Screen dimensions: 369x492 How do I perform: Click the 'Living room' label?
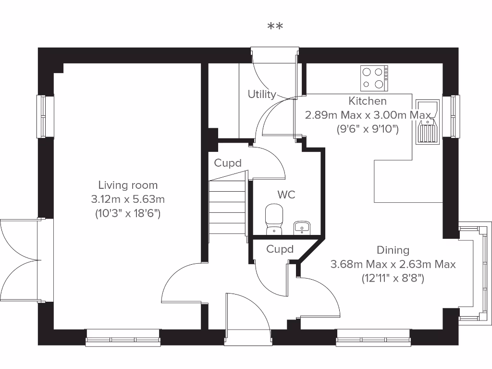click(128, 185)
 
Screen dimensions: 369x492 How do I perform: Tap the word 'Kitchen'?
click(368, 101)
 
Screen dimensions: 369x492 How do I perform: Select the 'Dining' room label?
click(393, 250)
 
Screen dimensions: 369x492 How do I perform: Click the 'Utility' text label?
click(262, 94)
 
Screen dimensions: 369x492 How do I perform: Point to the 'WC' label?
click(286, 195)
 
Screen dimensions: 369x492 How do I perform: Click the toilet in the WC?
click(274, 219)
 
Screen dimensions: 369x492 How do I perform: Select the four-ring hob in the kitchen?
click(375, 78)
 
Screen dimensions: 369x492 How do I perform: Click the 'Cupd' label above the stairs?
click(228, 163)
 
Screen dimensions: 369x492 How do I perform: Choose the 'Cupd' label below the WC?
click(280, 249)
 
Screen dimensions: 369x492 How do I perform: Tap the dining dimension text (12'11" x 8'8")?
click(393, 278)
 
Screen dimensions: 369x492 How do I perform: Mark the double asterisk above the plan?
click(275, 26)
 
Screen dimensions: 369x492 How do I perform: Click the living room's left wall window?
click(45, 116)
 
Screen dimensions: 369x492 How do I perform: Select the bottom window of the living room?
click(123, 338)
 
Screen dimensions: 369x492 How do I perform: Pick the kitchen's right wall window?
click(451, 116)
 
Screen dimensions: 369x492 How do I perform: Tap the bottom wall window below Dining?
click(373, 338)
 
